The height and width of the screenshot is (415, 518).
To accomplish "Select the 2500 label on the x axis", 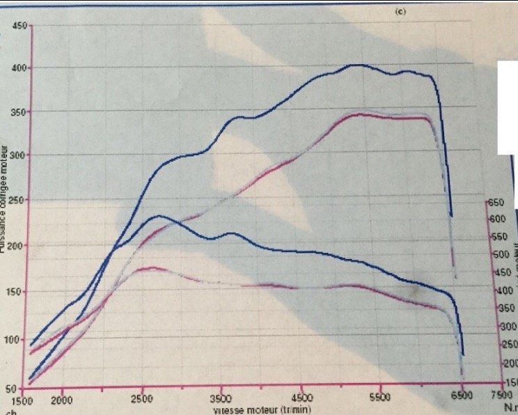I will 141,402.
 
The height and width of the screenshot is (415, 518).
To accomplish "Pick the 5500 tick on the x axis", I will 380,402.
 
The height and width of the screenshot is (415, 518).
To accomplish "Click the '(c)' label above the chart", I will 399,12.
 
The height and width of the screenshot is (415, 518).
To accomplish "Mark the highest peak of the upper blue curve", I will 355,65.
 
